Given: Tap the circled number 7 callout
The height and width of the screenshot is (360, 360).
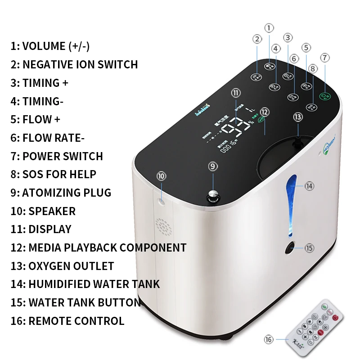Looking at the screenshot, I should (325, 58).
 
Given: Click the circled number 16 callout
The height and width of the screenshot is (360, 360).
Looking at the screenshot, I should (269, 340).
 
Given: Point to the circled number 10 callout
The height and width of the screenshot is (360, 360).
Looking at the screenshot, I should (162, 175).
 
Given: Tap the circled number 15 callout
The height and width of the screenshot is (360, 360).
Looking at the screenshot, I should (309, 247).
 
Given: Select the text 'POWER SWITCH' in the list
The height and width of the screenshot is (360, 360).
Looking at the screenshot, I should (63, 156).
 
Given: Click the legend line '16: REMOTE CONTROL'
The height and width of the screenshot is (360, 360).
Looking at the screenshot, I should (67, 321).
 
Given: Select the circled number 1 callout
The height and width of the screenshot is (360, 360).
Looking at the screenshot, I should (269, 28).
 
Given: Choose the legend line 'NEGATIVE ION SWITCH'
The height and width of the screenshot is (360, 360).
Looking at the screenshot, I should (80, 64).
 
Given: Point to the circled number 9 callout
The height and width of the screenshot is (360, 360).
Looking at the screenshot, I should (213, 166).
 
